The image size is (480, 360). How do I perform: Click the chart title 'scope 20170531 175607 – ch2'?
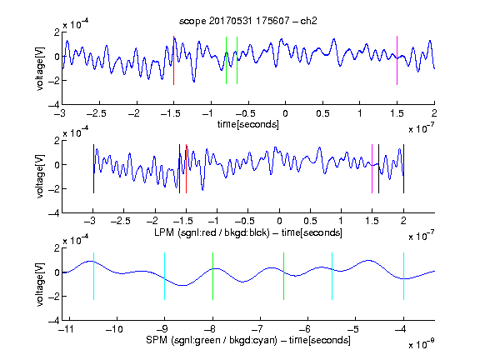tap(248, 21)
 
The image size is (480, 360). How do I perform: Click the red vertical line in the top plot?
tap(173, 60)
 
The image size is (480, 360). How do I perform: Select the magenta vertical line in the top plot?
tap(397, 60)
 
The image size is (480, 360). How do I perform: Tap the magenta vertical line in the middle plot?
tap(372, 168)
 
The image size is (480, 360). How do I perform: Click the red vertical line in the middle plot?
tap(186, 168)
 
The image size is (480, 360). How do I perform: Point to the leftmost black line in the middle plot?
tap(93, 168)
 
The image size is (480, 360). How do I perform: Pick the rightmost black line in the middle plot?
tap(404, 168)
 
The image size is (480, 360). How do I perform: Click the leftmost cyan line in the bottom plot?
tap(93, 276)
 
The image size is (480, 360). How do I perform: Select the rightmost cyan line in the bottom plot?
tap(404, 276)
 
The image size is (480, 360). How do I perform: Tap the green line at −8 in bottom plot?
tap(212, 276)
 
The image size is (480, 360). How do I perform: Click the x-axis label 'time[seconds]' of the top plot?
tap(248, 124)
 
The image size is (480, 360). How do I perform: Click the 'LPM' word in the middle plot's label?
tap(164, 232)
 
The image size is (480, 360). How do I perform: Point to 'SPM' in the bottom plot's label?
tap(157, 340)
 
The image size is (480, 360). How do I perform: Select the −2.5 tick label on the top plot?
tap(97, 113)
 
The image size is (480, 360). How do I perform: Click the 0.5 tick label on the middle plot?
tap(310, 221)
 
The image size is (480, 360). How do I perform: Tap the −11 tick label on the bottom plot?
tap(67, 329)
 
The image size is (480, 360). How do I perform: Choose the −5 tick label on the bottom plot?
tap(353, 329)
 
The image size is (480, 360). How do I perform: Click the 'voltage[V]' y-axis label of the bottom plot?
tap(40, 284)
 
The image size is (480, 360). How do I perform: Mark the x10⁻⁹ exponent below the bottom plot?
tap(422, 344)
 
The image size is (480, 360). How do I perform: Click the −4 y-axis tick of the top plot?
tap(54, 105)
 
